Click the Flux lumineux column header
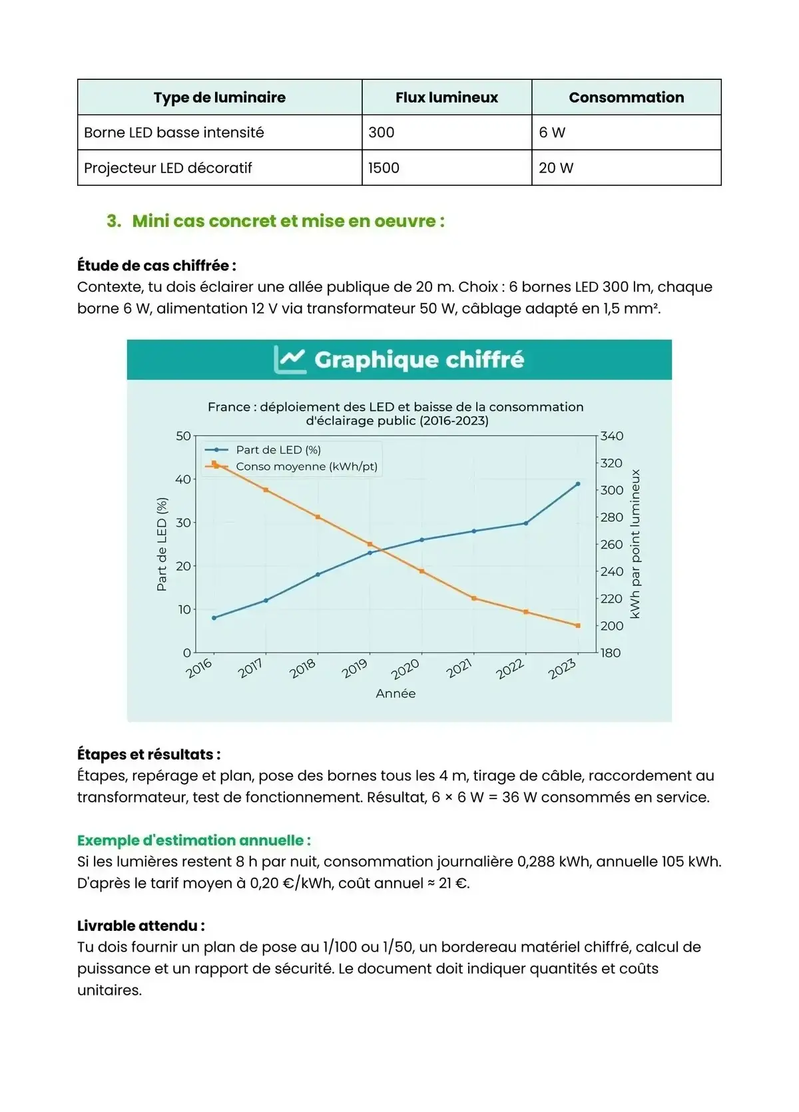446,97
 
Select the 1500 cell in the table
384,168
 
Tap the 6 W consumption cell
552,133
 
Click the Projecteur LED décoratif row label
168,168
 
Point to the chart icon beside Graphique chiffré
290,360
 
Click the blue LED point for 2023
578,484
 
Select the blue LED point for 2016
214,618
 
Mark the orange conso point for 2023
578,626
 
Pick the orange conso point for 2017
266,490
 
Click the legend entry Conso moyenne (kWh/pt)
306,466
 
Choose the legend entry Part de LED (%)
278,450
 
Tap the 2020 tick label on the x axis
405,669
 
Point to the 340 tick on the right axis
612,436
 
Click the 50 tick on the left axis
183,436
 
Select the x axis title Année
396,694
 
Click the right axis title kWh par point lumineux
635,544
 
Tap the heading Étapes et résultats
148,754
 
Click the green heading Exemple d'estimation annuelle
194,840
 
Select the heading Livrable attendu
140,926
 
